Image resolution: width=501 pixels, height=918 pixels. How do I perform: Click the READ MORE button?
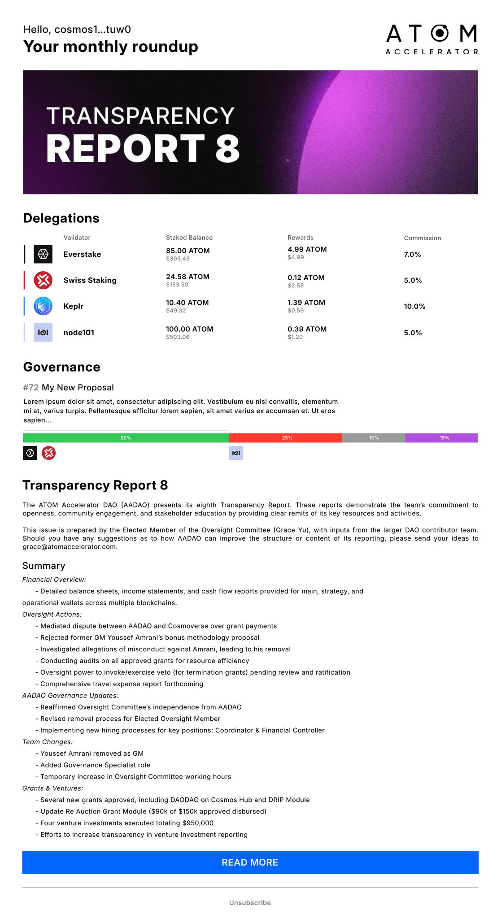250,862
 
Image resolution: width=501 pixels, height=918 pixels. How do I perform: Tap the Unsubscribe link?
250,903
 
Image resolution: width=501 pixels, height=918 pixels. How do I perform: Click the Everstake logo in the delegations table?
43,254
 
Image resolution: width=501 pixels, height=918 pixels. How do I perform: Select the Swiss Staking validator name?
90,280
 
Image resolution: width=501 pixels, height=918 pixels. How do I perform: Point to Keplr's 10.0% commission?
414,306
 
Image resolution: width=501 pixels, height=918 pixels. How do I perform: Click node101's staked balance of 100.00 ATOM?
189,329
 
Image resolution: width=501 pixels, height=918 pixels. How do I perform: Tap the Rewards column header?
300,238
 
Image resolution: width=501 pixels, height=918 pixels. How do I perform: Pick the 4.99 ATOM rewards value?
307,249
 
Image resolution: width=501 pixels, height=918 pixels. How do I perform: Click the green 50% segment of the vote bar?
126,438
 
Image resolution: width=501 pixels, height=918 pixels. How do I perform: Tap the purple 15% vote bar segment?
442,438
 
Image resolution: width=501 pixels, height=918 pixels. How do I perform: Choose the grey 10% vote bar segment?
374,438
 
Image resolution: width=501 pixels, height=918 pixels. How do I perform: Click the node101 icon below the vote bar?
236,453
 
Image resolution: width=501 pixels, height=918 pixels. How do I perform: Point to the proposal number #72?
31,387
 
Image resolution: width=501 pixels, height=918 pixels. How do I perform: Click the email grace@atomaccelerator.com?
70,546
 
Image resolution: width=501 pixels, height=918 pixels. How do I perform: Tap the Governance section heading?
61,367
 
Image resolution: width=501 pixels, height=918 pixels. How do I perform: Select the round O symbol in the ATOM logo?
440,33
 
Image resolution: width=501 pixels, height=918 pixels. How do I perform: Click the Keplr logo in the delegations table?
43,306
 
